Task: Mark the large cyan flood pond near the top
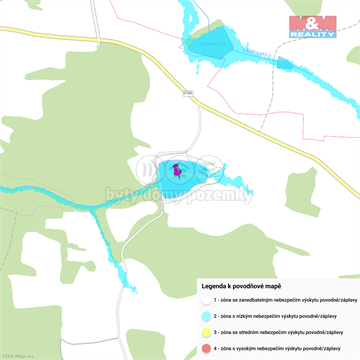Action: click(214, 44)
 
